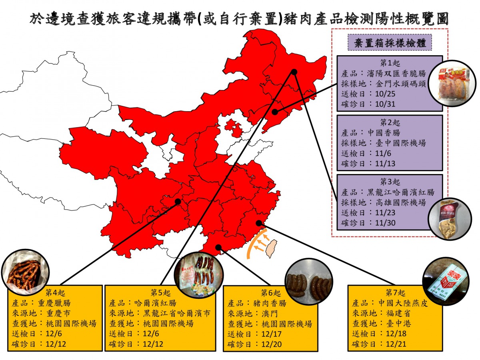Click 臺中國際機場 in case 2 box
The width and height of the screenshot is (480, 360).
400,143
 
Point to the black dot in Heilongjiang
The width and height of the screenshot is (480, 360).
294,72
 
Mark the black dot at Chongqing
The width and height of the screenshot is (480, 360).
178,202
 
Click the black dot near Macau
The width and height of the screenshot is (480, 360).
218,247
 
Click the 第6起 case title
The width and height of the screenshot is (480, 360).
268,292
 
